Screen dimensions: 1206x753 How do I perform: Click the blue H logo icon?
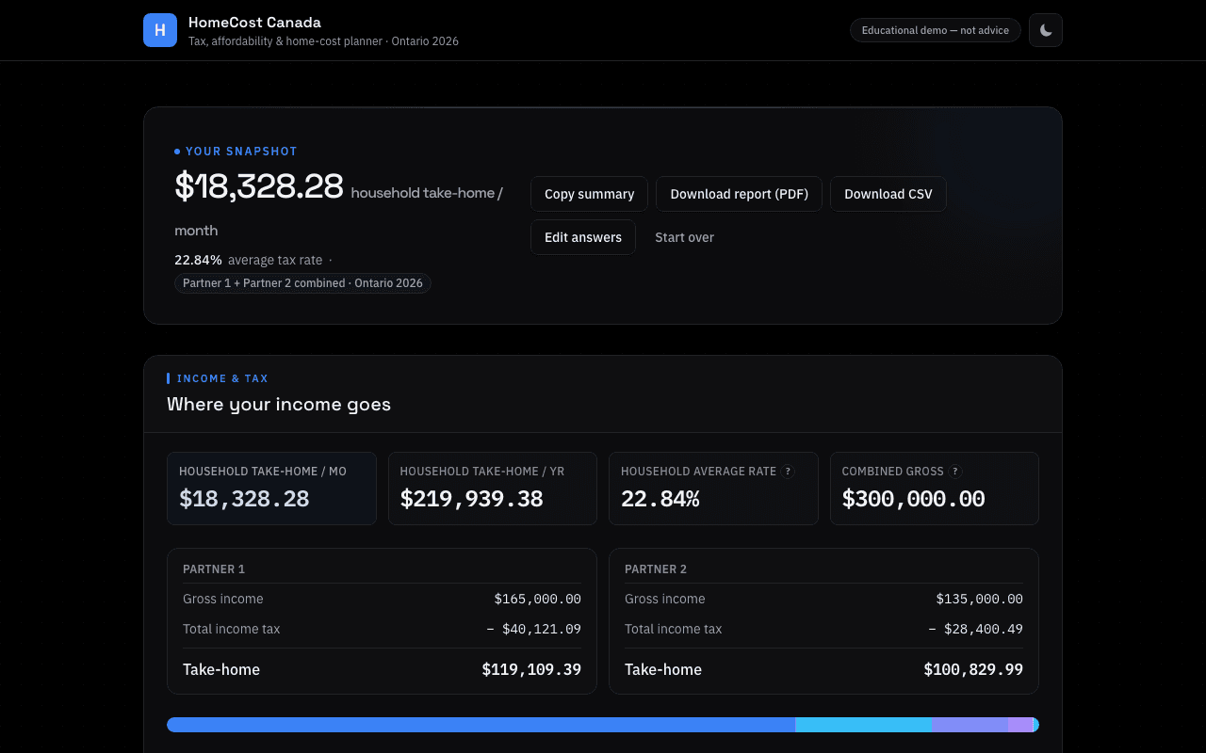pyautogui.click(x=160, y=30)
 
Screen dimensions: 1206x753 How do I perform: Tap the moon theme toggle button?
pyautogui.click(x=1045, y=30)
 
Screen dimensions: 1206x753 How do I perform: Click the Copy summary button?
pyautogui.click(x=589, y=194)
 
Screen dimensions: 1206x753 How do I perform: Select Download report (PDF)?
pyautogui.click(x=739, y=194)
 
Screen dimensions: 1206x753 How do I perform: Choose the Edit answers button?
pyautogui.click(x=582, y=237)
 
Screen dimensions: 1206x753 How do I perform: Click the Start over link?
pyautogui.click(x=684, y=237)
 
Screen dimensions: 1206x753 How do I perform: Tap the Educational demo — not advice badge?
pyautogui.click(x=936, y=30)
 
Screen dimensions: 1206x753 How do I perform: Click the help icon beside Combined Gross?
pyautogui.click(x=955, y=472)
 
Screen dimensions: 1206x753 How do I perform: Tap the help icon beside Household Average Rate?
pyautogui.click(x=788, y=472)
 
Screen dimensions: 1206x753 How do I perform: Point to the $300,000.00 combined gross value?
pyautogui.click(x=913, y=499)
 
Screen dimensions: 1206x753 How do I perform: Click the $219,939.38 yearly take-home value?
pyautogui.click(x=471, y=499)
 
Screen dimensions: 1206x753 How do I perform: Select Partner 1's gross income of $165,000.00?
pyautogui.click(x=537, y=599)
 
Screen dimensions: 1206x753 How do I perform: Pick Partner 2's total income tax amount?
pyautogui.click(x=975, y=629)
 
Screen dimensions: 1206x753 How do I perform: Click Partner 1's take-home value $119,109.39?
pyautogui.click(x=531, y=669)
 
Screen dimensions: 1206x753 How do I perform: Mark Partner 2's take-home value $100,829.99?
pyautogui.click(x=973, y=669)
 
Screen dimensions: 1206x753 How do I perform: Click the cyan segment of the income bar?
pyautogui.click(x=864, y=725)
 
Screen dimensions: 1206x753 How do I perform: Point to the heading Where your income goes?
pyautogui.click(x=278, y=405)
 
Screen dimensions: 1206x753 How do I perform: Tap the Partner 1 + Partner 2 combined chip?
pyautogui.click(x=302, y=283)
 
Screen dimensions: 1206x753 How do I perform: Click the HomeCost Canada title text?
pyautogui.click(x=254, y=22)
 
